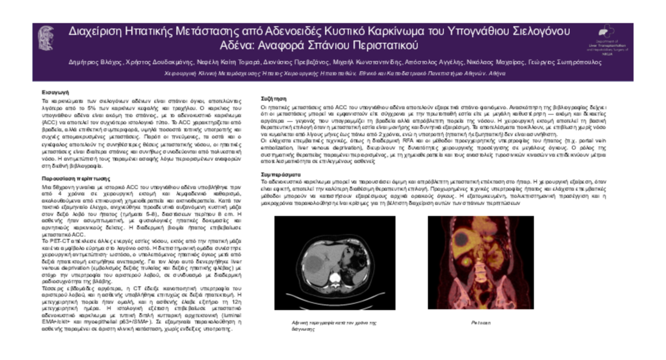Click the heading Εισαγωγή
click(52, 92)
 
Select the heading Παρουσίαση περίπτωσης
click(76, 179)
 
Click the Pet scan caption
click(481, 323)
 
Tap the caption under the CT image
click(334, 325)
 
